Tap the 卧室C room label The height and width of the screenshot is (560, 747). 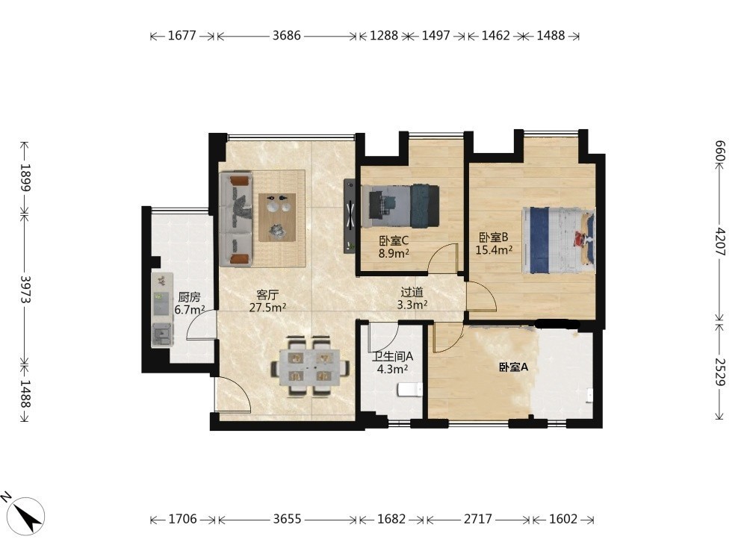[394, 241]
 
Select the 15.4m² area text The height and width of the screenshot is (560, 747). [494, 250]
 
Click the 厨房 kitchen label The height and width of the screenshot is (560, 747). [189, 298]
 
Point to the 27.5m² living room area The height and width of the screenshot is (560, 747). [267, 308]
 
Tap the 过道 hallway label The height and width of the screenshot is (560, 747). [412, 293]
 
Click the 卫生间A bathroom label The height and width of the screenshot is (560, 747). [393, 356]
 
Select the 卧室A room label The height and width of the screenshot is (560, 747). [514, 367]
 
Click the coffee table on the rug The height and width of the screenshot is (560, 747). [277, 217]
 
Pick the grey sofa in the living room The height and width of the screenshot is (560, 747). [236, 220]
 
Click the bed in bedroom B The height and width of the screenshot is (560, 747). [558, 240]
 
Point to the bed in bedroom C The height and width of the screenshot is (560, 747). [400, 205]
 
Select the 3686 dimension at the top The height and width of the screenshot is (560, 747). [287, 35]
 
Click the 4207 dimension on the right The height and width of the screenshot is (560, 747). [720, 242]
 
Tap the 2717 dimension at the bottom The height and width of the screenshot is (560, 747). [478, 519]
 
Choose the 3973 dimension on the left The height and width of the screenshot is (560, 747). [25, 290]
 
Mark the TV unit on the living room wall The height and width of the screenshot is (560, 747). [350, 217]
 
